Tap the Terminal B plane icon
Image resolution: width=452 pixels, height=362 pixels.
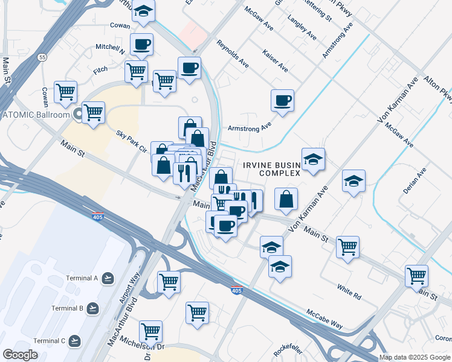click(92, 308)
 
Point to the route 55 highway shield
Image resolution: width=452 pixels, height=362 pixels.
click(41, 57)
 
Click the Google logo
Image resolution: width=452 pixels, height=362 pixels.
click(21, 355)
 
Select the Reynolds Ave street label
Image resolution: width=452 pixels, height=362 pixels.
click(233, 54)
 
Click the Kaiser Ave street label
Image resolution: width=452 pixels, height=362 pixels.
click(276, 61)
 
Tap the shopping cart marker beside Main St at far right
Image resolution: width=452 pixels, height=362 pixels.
click(417, 276)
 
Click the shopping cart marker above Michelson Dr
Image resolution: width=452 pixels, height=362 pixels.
click(150, 331)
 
